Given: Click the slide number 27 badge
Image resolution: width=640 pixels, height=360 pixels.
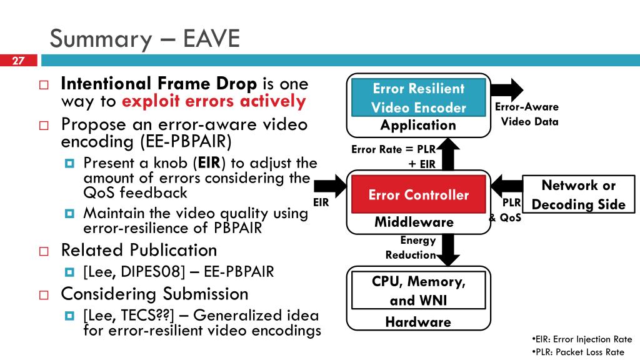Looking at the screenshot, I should (x=18, y=61).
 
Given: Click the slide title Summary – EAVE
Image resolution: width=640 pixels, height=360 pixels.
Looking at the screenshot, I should (x=145, y=38).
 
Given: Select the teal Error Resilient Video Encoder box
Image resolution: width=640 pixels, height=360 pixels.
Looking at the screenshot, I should (x=418, y=98).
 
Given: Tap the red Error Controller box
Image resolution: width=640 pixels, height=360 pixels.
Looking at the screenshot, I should (x=418, y=195).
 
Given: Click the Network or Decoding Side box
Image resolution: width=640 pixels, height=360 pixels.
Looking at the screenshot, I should (x=578, y=195).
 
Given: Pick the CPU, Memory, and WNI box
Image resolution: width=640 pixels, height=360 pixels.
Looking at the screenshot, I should (x=418, y=291).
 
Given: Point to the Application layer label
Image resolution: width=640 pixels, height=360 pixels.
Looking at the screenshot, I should (x=418, y=126).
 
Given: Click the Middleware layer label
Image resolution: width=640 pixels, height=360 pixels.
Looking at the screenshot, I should (x=414, y=222).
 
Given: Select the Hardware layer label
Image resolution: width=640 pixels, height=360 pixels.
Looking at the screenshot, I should (x=418, y=322).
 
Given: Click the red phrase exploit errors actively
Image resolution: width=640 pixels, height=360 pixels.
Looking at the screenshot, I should (x=214, y=102).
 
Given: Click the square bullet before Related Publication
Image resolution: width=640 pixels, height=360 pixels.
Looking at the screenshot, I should (x=44, y=251).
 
